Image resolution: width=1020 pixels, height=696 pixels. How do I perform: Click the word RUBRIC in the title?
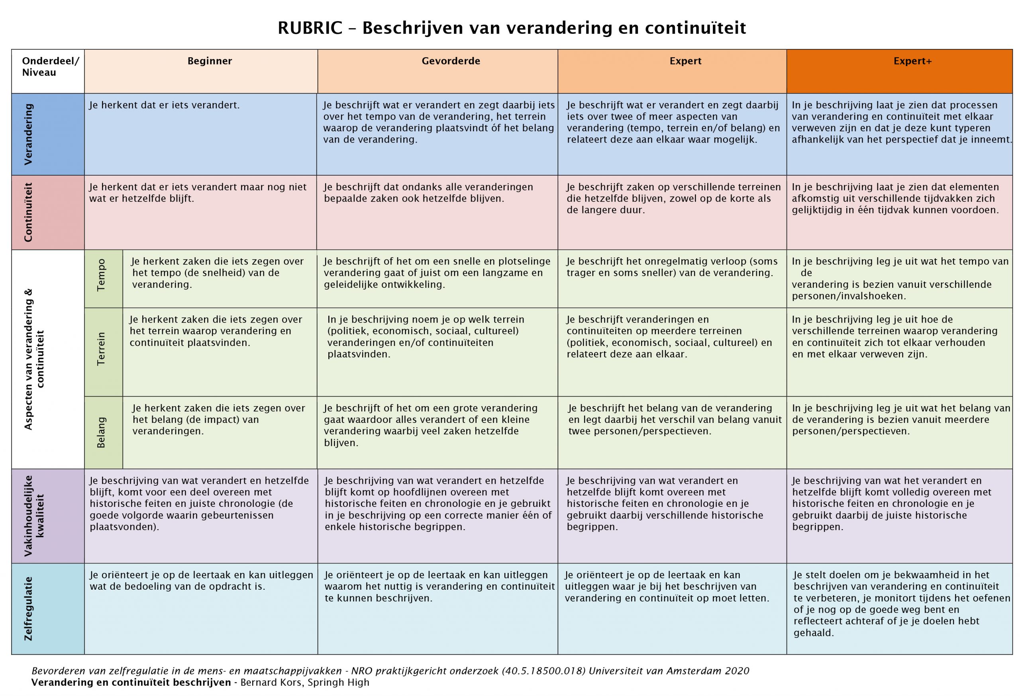pyautogui.click(x=310, y=28)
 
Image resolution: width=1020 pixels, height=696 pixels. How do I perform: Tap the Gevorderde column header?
pyautogui.click(x=450, y=61)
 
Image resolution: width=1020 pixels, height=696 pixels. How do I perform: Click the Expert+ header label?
pyautogui.click(x=912, y=61)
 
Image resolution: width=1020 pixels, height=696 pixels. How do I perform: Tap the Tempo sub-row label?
pyautogui.click(x=101, y=275)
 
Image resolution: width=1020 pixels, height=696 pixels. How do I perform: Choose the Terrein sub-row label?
pyautogui.click(x=101, y=349)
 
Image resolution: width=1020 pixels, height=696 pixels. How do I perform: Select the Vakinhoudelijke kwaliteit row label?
pyautogui.click(x=34, y=516)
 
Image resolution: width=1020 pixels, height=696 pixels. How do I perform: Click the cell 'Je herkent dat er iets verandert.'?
pyautogui.click(x=164, y=105)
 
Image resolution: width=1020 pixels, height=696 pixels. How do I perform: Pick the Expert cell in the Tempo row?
pyautogui.click(x=671, y=267)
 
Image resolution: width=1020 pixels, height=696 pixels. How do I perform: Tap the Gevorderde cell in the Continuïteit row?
pyautogui.click(x=428, y=193)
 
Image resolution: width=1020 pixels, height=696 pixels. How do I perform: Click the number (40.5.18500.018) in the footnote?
pyautogui.click(x=542, y=671)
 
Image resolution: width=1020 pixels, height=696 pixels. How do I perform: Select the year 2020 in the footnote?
pyautogui.click(x=737, y=671)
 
